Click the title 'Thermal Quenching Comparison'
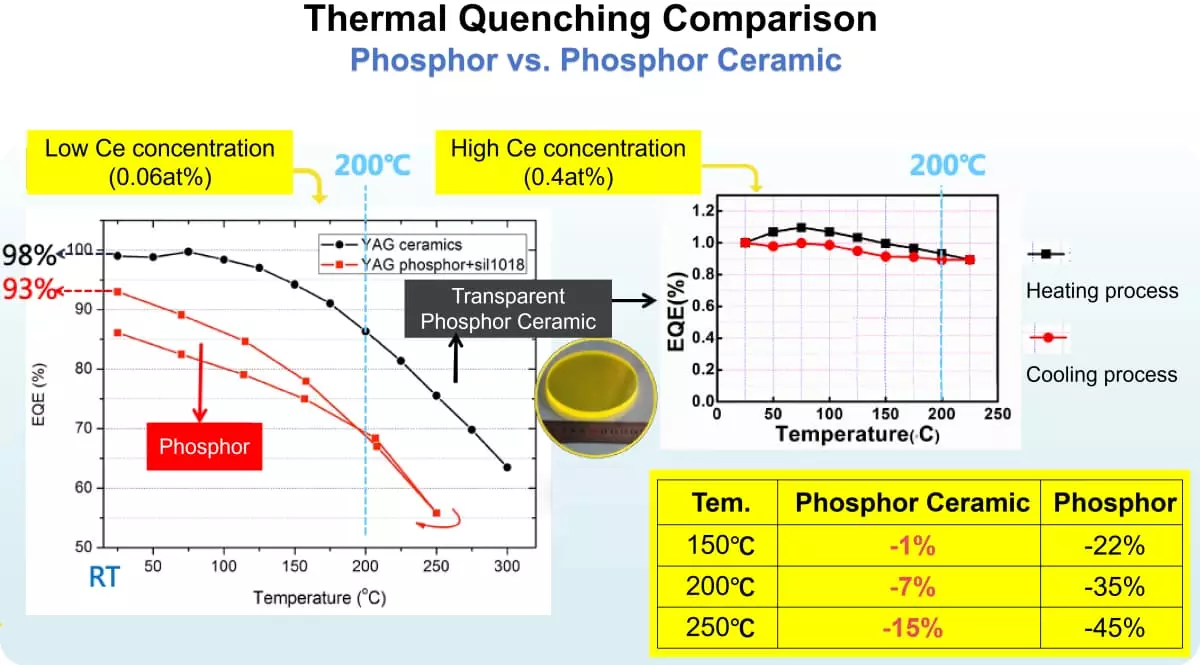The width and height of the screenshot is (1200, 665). [590, 20]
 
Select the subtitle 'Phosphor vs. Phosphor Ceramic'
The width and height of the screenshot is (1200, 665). [595, 60]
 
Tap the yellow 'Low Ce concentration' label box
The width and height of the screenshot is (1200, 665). [160, 163]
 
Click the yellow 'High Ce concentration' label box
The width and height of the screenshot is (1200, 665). [568, 163]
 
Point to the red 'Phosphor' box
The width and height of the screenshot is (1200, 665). [204, 446]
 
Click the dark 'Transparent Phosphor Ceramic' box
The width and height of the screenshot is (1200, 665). [508, 309]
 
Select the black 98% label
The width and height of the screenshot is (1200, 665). [22, 252]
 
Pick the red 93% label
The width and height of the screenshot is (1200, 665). [27, 291]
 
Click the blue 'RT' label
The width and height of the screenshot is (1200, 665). [104, 577]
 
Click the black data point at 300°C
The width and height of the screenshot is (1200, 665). [507, 467]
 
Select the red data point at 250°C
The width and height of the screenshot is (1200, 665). [436, 512]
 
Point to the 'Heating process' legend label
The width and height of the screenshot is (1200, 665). [1101, 292]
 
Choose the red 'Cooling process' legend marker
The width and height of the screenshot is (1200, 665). [1047, 338]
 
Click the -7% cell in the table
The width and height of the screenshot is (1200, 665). [911, 585]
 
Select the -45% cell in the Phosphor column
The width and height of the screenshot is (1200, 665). [1114, 628]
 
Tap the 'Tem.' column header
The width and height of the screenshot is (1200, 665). [720, 502]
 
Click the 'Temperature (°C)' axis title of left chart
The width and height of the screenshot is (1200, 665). [319, 598]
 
